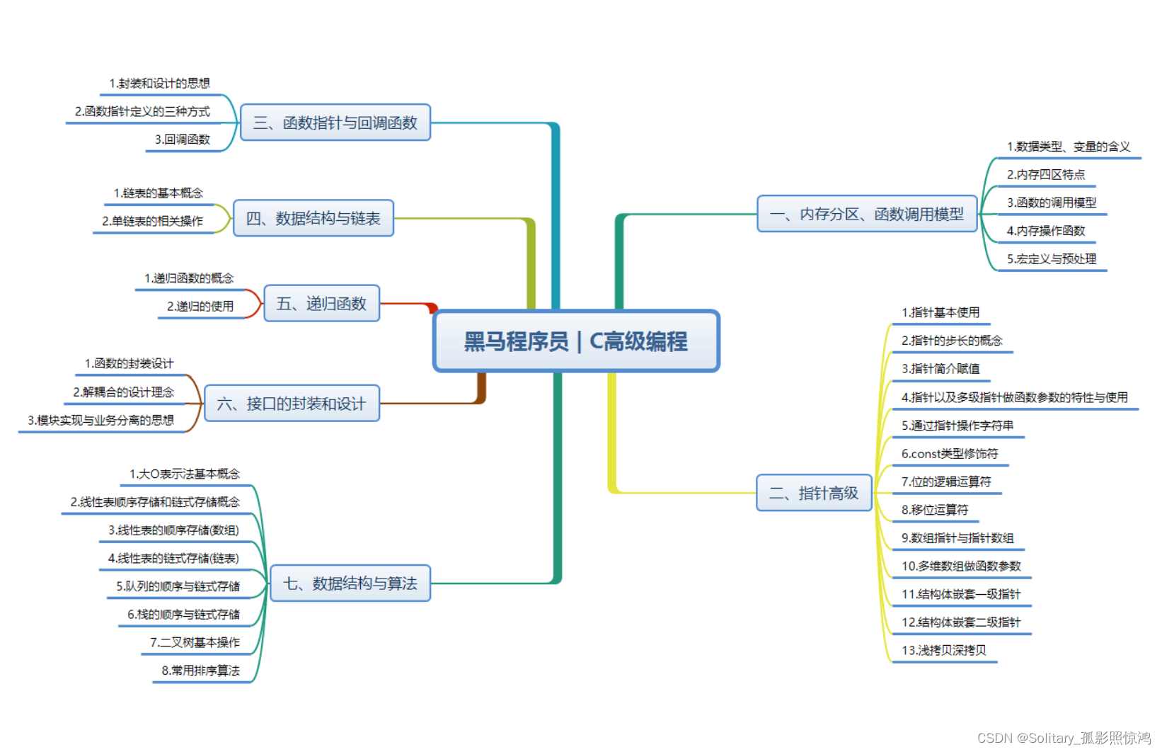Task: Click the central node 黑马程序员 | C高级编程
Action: click(576, 341)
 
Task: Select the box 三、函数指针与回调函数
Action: click(335, 123)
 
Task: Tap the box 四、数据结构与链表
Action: click(313, 218)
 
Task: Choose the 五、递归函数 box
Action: click(322, 304)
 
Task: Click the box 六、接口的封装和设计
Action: click(292, 404)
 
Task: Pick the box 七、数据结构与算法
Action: click(350, 583)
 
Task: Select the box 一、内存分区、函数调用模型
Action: click(867, 214)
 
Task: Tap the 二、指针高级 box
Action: click(814, 493)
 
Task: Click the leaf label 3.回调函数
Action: click(183, 139)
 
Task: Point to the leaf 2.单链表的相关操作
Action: click(152, 221)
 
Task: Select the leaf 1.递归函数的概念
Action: click(189, 278)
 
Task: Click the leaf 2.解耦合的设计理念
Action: click(123, 392)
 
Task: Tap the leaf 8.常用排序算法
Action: click(200, 670)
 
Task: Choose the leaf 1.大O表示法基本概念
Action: click(184, 474)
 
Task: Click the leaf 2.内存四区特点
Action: click(1045, 174)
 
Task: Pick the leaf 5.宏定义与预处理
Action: click(1051, 258)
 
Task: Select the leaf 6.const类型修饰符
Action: click(949, 453)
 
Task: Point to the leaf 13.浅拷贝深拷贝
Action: click(943, 650)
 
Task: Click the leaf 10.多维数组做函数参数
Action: click(960, 566)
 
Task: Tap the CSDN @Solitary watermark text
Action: click(1064, 738)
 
